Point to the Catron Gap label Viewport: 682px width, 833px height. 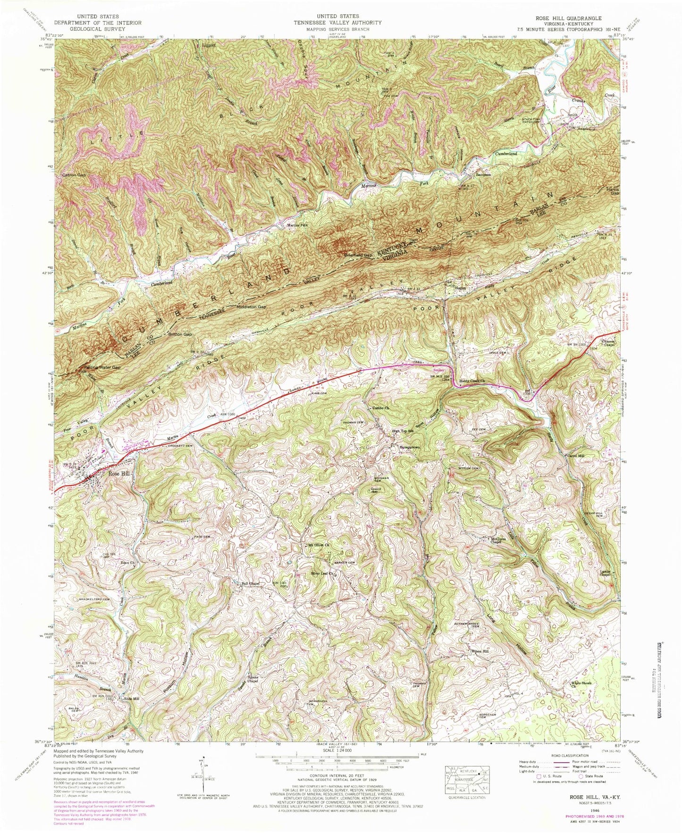[x=74, y=175]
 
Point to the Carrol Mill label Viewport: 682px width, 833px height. [x=575, y=456]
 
